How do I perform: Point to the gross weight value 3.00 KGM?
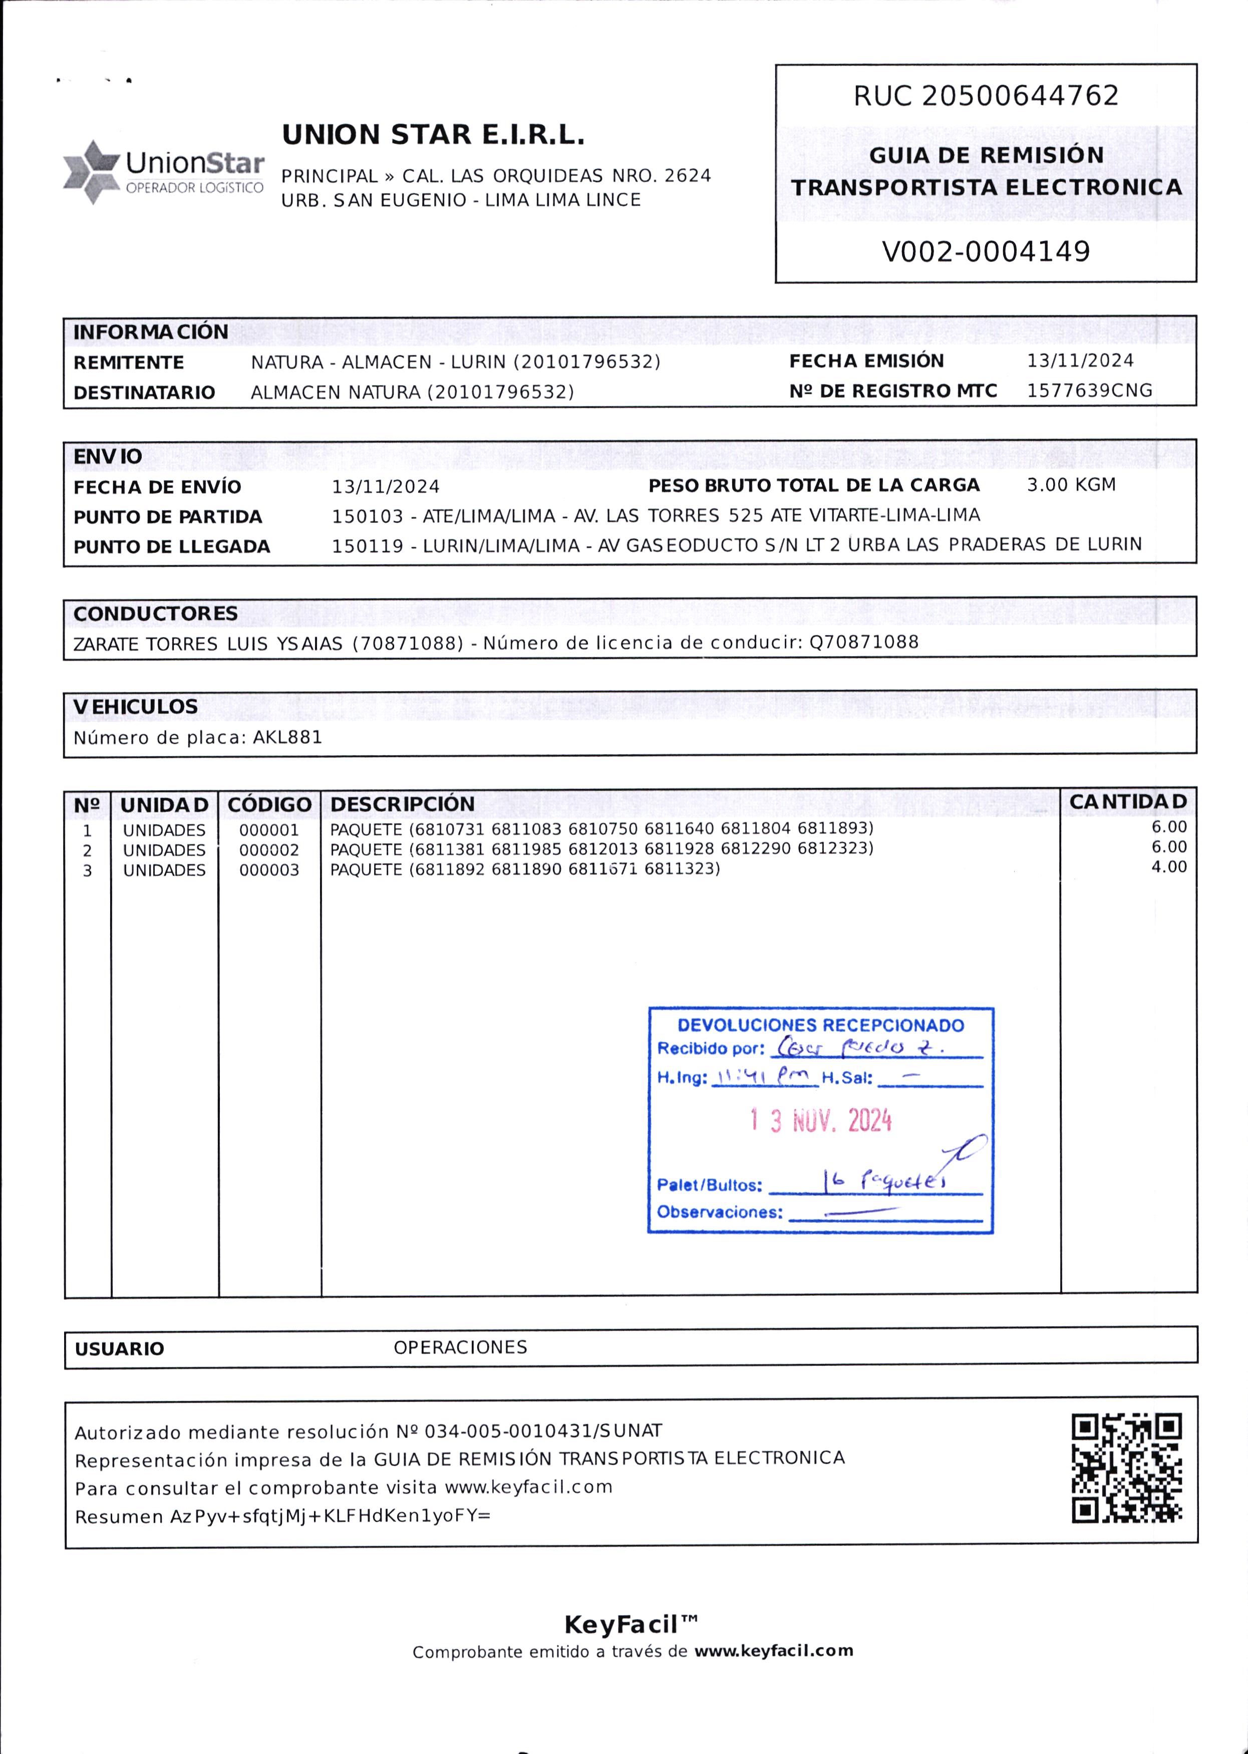1071,485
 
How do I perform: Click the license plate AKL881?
287,738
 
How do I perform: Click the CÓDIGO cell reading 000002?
268,850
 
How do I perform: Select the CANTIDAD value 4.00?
1168,867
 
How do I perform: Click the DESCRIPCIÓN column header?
402,804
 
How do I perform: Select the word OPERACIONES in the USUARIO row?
460,1347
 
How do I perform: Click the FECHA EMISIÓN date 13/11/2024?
1080,361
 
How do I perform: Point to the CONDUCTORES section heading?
155,614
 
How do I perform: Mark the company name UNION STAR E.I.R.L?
433,135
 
